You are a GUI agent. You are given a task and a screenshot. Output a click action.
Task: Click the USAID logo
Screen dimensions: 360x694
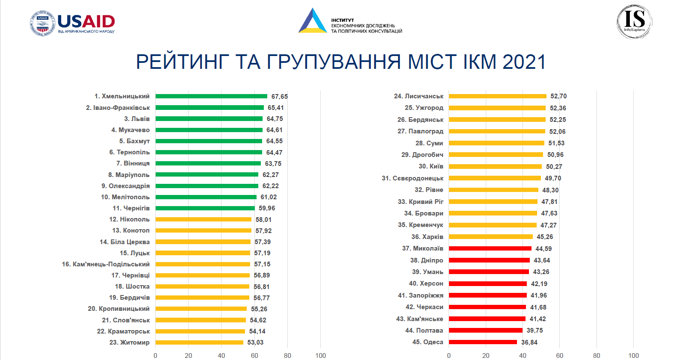click(73, 23)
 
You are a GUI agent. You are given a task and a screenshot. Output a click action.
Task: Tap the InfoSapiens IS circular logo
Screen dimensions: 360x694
click(634, 22)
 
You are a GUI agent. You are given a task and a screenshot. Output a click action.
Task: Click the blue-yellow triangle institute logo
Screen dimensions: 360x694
click(313, 21)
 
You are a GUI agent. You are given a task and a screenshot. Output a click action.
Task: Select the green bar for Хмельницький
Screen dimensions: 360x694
click(211, 96)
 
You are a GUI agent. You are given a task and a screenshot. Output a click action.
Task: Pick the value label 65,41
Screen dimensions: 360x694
click(275, 108)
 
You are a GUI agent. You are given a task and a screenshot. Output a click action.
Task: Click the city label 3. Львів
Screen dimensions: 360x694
click(137, 119)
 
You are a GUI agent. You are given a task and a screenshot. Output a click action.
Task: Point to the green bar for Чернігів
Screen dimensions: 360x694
click(205, 208)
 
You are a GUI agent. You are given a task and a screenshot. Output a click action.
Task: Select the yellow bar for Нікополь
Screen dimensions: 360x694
click(203, 219)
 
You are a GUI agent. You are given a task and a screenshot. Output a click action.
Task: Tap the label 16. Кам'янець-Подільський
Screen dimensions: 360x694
click(106, 264)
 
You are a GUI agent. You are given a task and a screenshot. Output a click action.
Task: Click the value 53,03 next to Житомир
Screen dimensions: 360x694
click(255, 342)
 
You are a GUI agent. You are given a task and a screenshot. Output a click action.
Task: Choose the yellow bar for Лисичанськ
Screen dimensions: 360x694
click(497, 96)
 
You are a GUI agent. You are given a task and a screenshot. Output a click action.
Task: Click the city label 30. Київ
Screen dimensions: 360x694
click(431, 166)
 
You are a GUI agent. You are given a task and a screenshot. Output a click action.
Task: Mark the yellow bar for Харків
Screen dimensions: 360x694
click(490, 237)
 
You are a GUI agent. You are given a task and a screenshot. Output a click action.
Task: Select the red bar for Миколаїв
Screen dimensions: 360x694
click(490, 248)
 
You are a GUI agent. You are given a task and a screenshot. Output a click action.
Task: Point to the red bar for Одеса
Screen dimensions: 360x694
click(483, 342)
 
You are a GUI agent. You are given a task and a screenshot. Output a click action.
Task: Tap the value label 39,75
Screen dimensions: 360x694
click(535, 330)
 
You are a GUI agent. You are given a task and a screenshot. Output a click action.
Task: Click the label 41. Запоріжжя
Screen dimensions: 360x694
click(420, 295)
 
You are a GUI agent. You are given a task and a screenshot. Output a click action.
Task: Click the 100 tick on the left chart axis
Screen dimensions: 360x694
click(320, 356)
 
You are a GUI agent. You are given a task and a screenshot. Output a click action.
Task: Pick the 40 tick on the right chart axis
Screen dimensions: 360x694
click(523, 356)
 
